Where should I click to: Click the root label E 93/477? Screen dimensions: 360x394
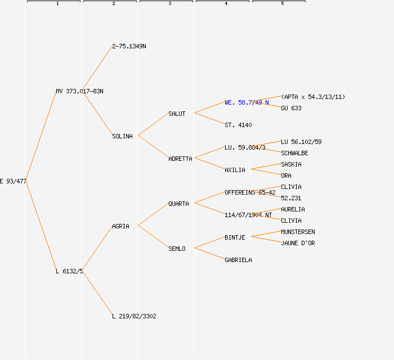click(x=13, y=181)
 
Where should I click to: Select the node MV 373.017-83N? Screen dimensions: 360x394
click(x=79, y=91)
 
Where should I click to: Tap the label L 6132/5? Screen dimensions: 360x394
click(x=69, y=271)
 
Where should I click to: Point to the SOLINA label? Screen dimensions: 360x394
click(x=122, y=136)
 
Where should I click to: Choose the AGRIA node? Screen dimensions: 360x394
click(x=120, y=226)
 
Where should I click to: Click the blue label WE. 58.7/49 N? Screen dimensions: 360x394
click(x=247, y=102)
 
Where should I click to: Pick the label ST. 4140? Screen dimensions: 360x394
click(x=238, y=125)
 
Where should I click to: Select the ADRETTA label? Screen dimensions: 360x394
click(x=180, y=159)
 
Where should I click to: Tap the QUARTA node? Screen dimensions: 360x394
click(x=178, y=204)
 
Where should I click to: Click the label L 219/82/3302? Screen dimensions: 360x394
click(x=134, y=316)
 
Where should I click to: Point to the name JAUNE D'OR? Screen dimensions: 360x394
click(x=298, y=243)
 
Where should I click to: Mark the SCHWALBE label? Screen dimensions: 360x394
click(x=294, y=153)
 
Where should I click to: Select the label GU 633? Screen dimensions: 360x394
click(x=291, y=108)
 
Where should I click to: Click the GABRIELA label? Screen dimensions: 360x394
click(x=238, y=260)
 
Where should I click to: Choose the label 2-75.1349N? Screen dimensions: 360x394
click(x=129, y=46)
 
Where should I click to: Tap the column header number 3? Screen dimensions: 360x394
click(x=169, y=4)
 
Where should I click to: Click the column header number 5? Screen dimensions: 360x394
click(x=282, y=4)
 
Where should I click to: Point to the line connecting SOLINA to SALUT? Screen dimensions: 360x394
click(x=153, y=125)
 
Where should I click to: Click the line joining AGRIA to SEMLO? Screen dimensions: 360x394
click(x=153, y=237)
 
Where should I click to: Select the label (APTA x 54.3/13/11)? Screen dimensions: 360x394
click(x=313, y=97)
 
